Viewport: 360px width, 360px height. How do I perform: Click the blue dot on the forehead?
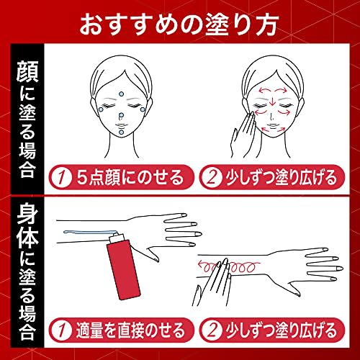(x=122, y=94)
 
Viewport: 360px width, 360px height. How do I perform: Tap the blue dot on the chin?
(x=122, y=132)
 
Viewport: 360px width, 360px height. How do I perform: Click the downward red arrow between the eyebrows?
(x=272, y=101)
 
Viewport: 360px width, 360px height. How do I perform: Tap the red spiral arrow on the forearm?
(x=228, y=267)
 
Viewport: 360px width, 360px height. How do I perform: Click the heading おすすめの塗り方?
(x=179, y=24)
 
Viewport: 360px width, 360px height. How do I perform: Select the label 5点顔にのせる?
(x=130, y=177)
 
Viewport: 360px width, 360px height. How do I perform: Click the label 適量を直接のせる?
(x=130, y=330)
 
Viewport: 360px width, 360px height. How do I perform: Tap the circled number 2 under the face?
(x=211, y=178)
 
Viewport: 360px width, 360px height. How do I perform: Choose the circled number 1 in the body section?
(x=61, y=330)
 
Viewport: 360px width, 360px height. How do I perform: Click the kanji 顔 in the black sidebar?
(x=27, y=71)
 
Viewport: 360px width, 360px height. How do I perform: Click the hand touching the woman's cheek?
(x=243, y=135)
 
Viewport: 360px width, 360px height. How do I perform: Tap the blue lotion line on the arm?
(x=91, y=232)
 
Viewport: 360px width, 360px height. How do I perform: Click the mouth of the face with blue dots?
(x=121, y=125)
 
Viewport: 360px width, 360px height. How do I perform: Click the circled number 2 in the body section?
(x=211, y=330)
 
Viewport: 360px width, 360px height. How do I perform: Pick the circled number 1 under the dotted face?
(x=61, y=178)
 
